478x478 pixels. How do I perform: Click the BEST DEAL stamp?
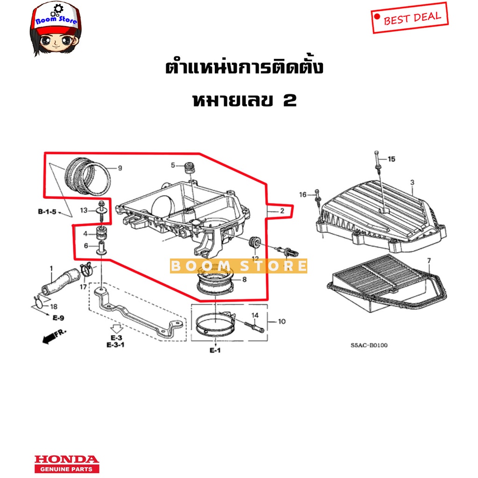(x=409, y=18)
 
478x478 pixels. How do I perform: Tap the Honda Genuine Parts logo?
(x=67, y=464)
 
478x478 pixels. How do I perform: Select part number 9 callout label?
(x=120, y=168)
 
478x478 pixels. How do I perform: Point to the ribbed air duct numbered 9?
(x=88, y=177)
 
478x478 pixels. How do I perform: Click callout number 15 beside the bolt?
(x=392, y=159)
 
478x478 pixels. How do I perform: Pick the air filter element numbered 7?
(x=387, y=282)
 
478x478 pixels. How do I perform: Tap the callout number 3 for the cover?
(x=412, y=183)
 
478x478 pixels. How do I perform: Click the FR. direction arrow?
(x=54, y=336)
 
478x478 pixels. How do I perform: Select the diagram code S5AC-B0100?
(x=369, y=345)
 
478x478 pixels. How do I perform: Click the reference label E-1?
(x=215, y=350)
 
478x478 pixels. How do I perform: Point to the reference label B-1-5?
(x=47, y=211)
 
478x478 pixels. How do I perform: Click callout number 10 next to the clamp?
(x=281, y=321)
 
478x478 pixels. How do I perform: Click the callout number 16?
(x=302, y=195)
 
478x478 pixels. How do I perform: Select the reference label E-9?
(x=58, y=318)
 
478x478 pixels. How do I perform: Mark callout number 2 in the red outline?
(x=282, y=211)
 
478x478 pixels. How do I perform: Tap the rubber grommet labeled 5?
(x=190, y=168)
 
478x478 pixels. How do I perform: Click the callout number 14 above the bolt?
(x=255, y=315)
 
